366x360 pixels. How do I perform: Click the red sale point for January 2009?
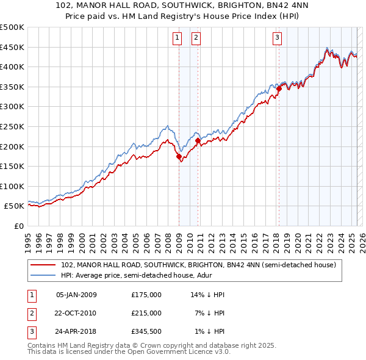[x=179, y=156]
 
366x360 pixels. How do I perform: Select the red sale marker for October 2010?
[x=198, y=140]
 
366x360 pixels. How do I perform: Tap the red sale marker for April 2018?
[x=279, y=88]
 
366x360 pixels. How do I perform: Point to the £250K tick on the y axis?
[x=12, y=126]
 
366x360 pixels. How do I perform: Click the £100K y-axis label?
[x=12, y=186]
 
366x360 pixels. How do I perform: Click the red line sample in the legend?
[x=43, y=265]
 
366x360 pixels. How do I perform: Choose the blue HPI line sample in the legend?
[x=43, y=276]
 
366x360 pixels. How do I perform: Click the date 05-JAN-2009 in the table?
[x=76, y=295]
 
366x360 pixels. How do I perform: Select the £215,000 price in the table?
[x=146, y=313]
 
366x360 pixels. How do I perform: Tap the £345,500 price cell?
[x=146, y=331]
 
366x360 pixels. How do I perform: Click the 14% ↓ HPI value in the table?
[x=207, y=295]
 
